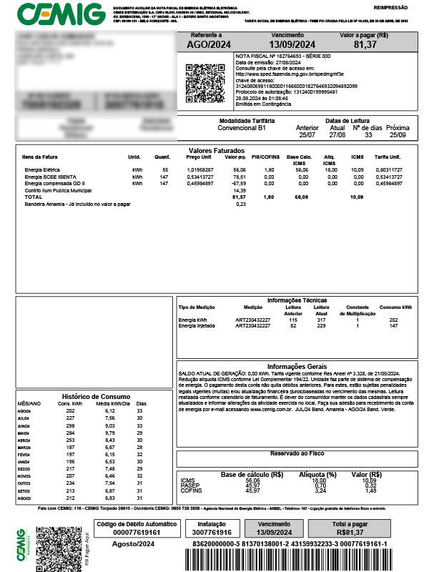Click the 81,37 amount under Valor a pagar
(365, 44)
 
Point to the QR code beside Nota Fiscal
(198, 77)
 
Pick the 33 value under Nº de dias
(369, 134)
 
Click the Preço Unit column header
(198, 157)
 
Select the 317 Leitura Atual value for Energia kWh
(322, 320)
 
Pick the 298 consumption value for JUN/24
(70, 425)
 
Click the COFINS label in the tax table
(190, 490)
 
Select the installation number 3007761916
(211, 533)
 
